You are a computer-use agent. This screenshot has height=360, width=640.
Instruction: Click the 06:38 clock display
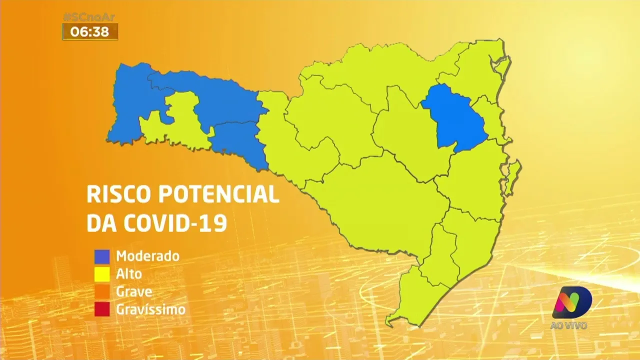click(89, 32)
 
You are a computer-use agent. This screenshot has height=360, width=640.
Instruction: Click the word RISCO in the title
click(118, 194)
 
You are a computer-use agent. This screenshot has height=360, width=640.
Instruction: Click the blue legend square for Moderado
click(102, 256)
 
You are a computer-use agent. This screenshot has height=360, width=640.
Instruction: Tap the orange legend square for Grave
click(102, 292)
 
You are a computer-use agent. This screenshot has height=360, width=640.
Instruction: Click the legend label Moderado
click(147, 256)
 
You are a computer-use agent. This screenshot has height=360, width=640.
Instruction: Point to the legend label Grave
click(134, 292)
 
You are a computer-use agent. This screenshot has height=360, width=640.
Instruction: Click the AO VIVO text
click(568, 325)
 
